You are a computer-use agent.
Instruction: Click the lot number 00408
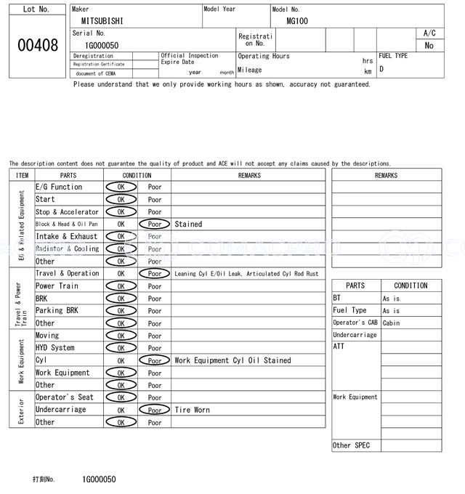coord(37,46)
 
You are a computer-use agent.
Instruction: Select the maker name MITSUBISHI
coord(102,21)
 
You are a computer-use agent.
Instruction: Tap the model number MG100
coord(297,21)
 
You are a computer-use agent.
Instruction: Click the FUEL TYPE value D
coord(381,69)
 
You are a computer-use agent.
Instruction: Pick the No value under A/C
coord(429,45)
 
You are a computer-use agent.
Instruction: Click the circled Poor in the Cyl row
coord(155,360)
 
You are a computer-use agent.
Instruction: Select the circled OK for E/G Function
coord(121,187)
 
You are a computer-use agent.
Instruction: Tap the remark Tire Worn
coord(192,410)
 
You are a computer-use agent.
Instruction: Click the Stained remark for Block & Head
coord(188,224)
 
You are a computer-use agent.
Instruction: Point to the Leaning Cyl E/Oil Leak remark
coord(246,274)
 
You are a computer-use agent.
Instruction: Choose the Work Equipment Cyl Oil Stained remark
coord(232,360)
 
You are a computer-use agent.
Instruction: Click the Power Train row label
coord(57,286)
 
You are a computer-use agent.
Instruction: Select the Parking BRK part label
coord(57,311)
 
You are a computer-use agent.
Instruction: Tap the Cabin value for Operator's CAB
coord(391,323)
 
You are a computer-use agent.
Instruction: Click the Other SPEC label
coord(351,445)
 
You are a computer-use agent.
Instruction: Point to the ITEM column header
coord(22,175)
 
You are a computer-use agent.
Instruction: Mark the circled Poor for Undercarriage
coord(155,410)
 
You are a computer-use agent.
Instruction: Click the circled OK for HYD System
coord(121,348)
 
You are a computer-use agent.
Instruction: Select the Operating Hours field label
coord(263,56)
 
